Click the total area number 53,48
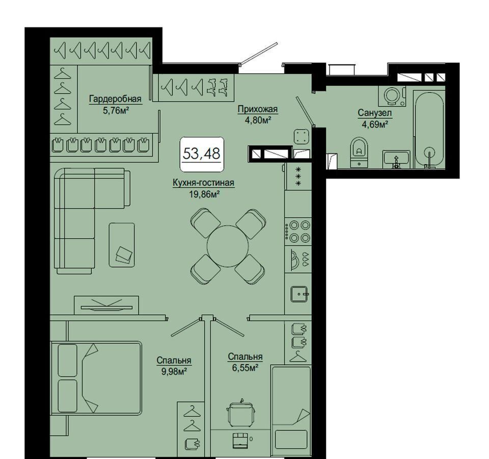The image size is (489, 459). (202, 154)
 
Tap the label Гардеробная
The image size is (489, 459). (115, 99)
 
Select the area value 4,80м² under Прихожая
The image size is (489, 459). (258, 120)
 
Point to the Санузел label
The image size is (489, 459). (374, 113)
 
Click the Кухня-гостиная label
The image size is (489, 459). (203, 183)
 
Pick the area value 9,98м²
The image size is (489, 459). (174, 372)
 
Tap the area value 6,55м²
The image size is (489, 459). (245, 368)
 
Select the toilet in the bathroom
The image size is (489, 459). (359, 152)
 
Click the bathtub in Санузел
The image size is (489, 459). (429, 130)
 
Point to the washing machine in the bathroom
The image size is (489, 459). (392, 95)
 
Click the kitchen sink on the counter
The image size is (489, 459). (300, 294)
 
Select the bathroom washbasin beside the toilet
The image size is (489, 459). (396, 159)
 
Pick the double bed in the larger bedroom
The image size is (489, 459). (96, 378)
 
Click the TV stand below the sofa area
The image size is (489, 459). (106, 305)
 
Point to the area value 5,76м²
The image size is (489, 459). (116, 110)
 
